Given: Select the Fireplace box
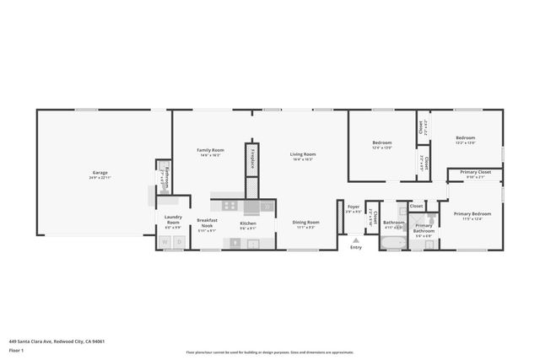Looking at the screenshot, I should click(251, 158).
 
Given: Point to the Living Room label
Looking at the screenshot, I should click(303, 156).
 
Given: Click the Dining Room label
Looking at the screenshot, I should click(306, 224).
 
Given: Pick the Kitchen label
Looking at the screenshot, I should click(248, 224).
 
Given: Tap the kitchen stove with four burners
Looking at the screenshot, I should click(229, 205).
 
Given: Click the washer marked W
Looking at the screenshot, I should click(165, 243).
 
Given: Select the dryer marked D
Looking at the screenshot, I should click(178, 243).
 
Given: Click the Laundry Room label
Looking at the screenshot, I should click(172, 223).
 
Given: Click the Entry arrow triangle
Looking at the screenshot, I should click(355, 239).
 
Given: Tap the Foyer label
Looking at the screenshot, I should click(353, 208).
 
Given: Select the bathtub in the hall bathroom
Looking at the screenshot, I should click(393, 244).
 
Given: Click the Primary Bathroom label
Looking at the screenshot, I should click(423, 229).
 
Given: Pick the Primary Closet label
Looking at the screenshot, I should click(475, 174).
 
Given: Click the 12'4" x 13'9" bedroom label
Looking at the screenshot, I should click(382, 145).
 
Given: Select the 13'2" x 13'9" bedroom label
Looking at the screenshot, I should click(466, 140).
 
